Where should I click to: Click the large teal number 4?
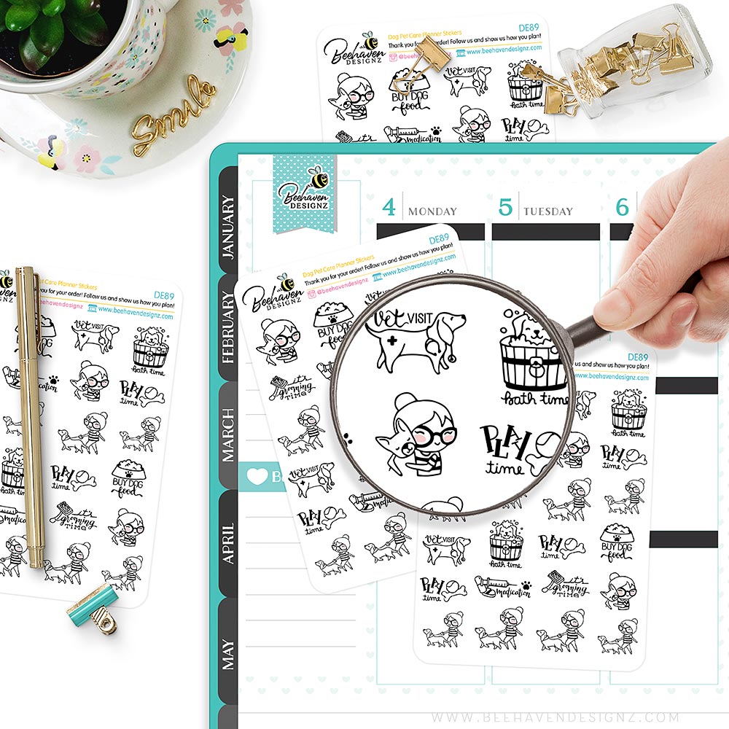tap(389, 208)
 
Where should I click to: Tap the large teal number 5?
tap(505, 208)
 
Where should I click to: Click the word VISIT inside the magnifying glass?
tap(419, 318)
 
